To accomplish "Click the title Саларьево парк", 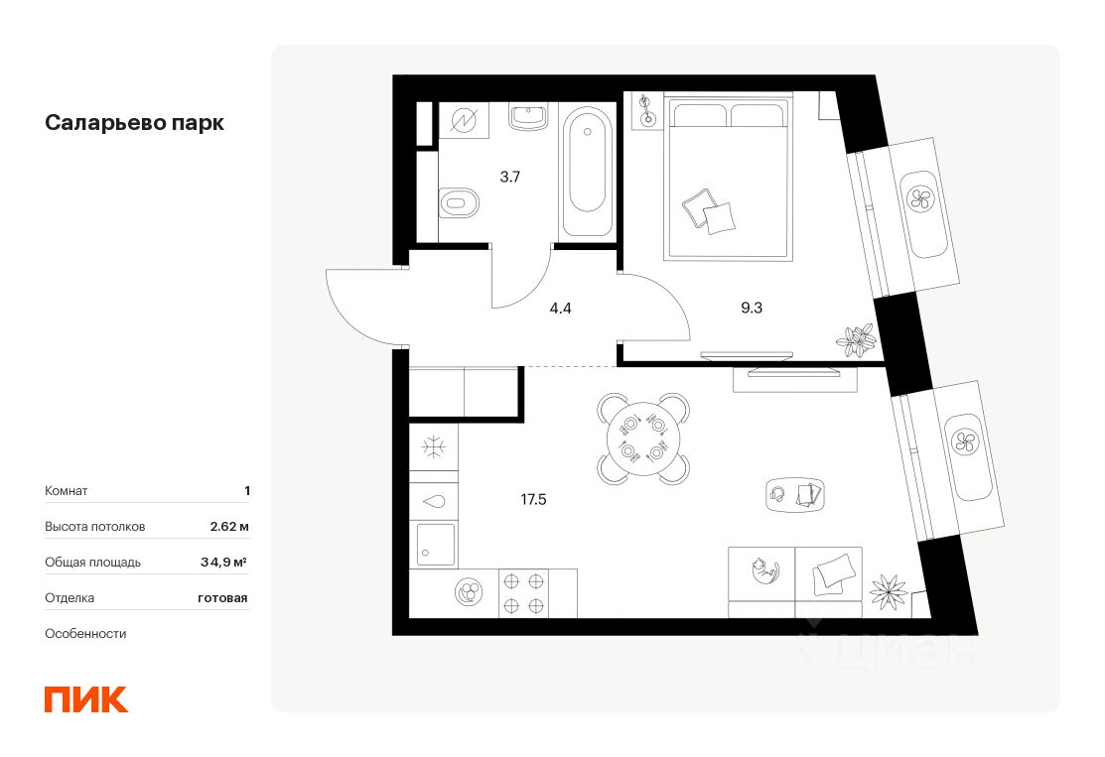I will [x=134, y=123].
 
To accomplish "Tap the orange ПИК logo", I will [x=86, y=698].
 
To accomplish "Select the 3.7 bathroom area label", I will [x=509, y=178].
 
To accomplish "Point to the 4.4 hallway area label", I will [x=560, y=308].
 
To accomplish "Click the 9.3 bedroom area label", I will [x=751, y=308].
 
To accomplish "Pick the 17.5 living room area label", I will [x=533, y=499].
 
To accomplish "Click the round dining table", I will [x=642, y=439].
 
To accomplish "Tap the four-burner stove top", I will [x=523, y=593].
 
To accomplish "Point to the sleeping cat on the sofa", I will [x=762, y=570].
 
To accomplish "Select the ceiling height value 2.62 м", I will [x=228, y=526].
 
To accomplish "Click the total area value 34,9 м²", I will [x=223, y=562].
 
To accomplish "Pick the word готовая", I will [x=221, y=597].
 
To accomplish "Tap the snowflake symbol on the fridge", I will [x=433, y=447].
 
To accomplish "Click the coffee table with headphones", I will [x=796, y=493].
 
